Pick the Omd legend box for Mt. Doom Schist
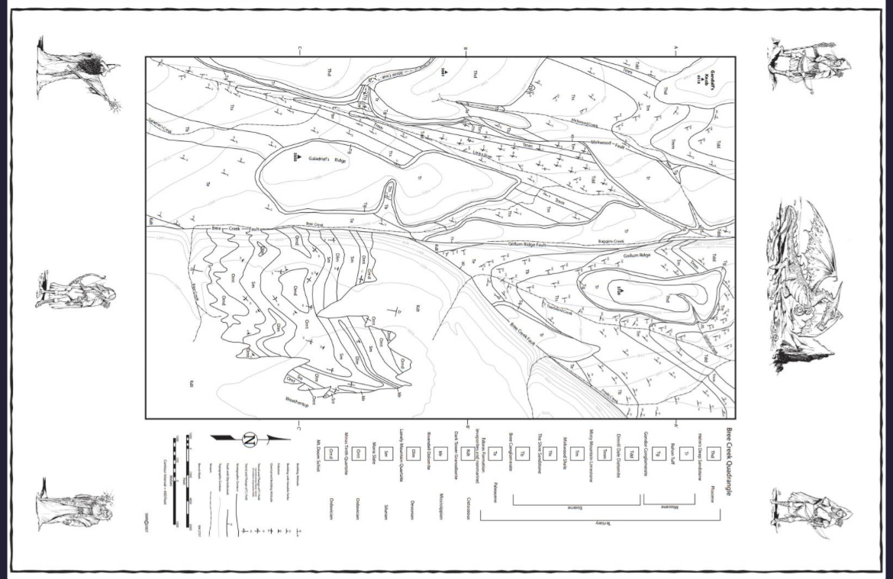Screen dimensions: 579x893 pyautogui.click(x=330, y=452)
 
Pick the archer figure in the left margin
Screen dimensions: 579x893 pyautogui.click(x=75, y=289)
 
